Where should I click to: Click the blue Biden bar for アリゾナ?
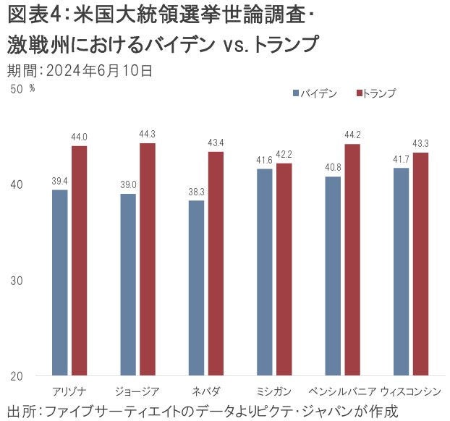[60, 282]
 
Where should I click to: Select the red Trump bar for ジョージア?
[148, 259]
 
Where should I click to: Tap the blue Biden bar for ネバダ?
[196, 288]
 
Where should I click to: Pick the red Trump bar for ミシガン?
[284, 269]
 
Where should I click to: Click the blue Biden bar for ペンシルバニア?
[334, 276]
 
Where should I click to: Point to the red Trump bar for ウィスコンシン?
[421, 264]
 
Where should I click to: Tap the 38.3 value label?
[196, 192]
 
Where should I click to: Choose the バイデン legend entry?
[315, 93]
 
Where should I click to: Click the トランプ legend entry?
[378, 93]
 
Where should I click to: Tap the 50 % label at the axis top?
[22, 89]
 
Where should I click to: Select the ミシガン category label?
[274, 391]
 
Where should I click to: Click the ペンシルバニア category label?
[343, 391]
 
